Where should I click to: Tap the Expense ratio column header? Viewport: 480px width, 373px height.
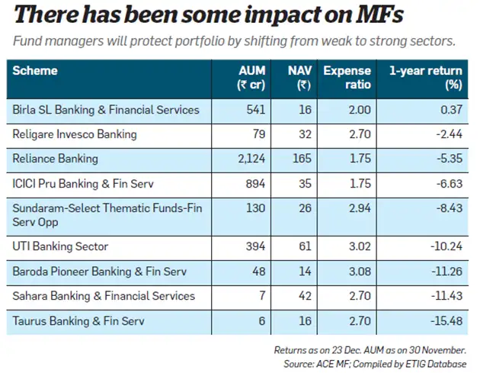click(x=347, y=78)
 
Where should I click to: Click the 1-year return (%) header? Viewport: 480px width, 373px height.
click(x=427, y=78)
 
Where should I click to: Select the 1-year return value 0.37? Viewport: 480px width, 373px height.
click(x=450, y=110)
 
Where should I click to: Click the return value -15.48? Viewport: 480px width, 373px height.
click(x=446, y=320)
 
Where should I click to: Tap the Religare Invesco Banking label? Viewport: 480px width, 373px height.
click(x=75, y=134)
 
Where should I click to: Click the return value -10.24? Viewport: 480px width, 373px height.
click(x=446, y=246)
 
